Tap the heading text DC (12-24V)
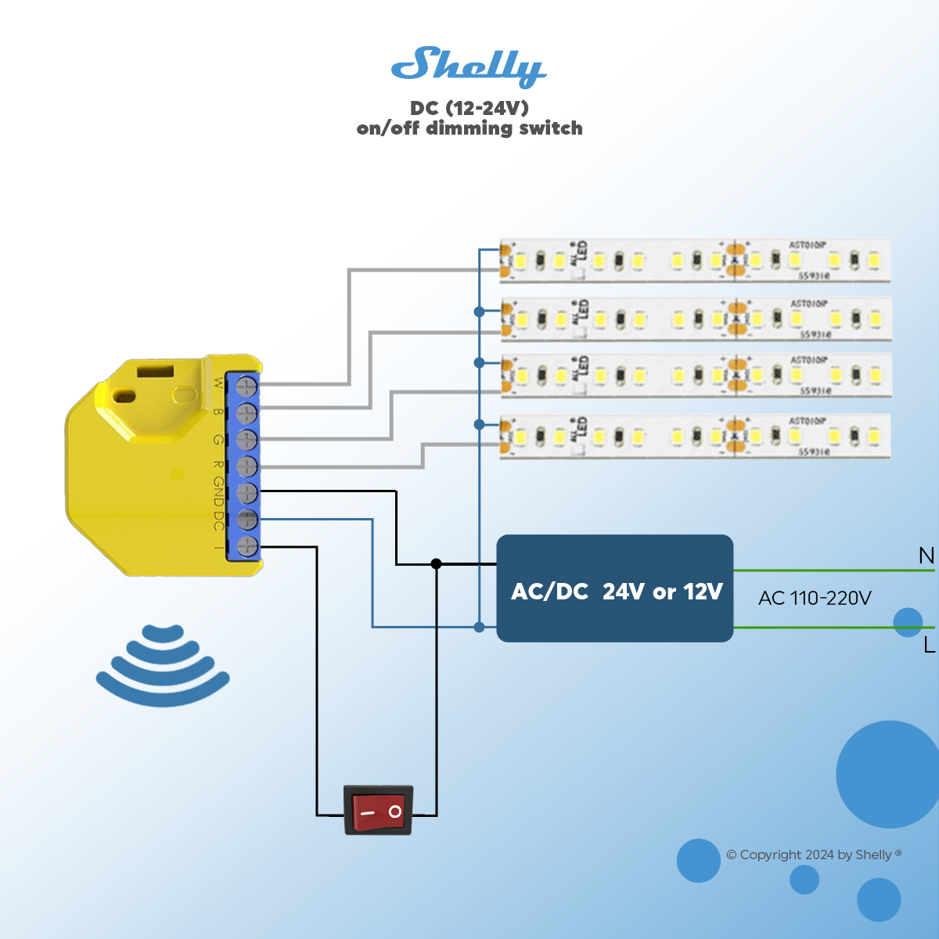point(469,108)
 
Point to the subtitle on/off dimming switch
point(469,128)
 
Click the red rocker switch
point(379,811)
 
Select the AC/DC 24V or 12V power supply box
point(615,588)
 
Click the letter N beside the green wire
point(926,556)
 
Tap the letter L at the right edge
point(929,645)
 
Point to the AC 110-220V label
point(815,599)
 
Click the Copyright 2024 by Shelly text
point(814,854)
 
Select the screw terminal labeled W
point(246,386)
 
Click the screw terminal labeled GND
point(246,492)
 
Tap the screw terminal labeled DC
point(246,519)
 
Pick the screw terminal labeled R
point(246,466)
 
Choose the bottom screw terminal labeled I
point(246,546)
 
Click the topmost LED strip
point(695,260)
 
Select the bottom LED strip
point(695,436)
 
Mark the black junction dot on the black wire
point(436,563)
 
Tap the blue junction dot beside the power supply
point(479,627)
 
